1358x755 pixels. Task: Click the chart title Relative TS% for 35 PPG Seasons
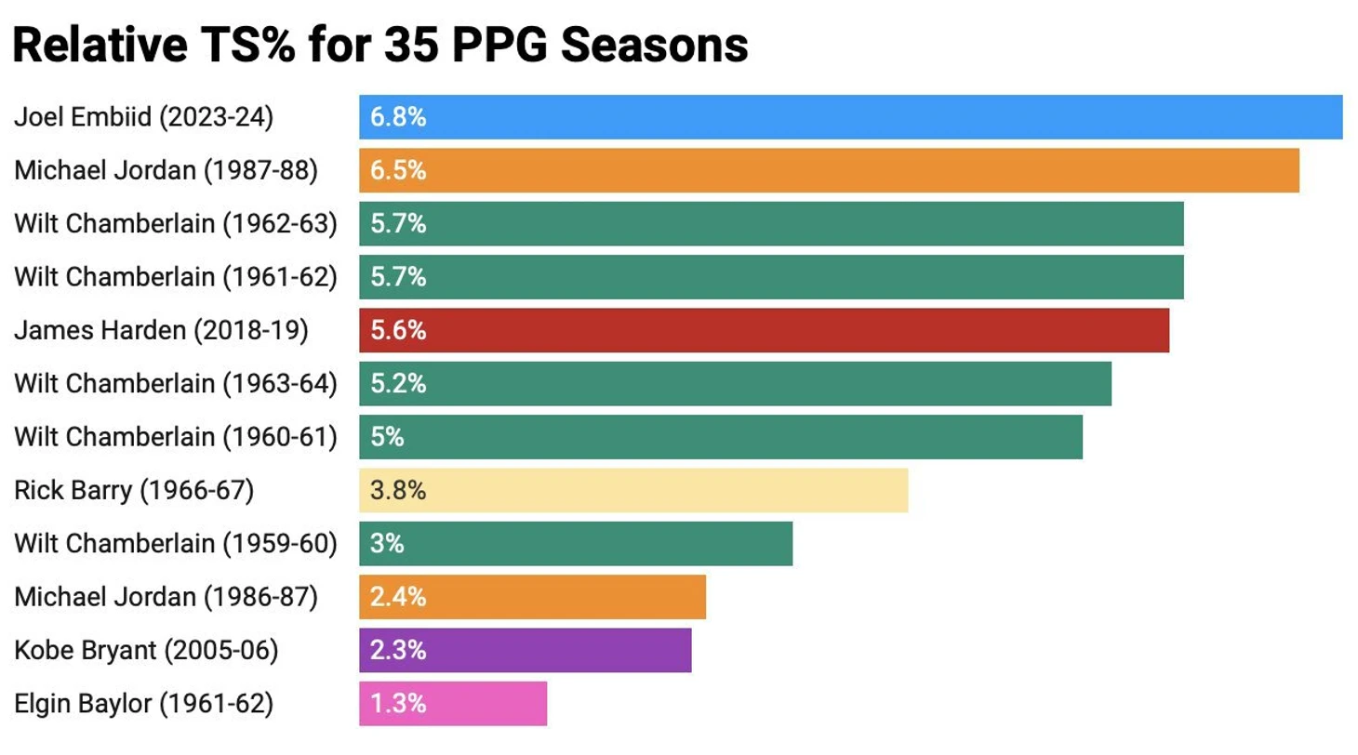point(380,44)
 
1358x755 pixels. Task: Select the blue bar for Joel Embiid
point(850,117)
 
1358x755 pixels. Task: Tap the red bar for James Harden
point(764,330)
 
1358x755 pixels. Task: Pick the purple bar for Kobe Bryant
point(525,650)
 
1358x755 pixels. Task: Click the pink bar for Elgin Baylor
point(453,704)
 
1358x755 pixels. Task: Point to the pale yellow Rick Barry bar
point(632,490)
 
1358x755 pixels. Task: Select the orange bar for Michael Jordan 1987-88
point(829,170)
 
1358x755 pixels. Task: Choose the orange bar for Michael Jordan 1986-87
point(532,597)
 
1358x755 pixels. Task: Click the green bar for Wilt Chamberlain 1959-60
point(575,543)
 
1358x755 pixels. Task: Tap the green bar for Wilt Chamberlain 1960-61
point(720,437)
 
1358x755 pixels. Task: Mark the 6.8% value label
point(398,117)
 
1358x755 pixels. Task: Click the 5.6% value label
point(398,330)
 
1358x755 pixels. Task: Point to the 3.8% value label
point(398,490)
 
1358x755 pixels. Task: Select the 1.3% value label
point(398,704)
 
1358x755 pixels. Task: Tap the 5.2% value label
point(398,383)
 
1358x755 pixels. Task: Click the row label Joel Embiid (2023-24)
point(144,117)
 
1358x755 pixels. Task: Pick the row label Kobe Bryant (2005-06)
point(147,650)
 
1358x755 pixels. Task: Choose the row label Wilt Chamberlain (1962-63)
point(176,224)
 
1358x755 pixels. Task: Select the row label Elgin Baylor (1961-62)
point(144,704)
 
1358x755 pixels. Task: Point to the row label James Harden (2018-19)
point(161,330)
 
